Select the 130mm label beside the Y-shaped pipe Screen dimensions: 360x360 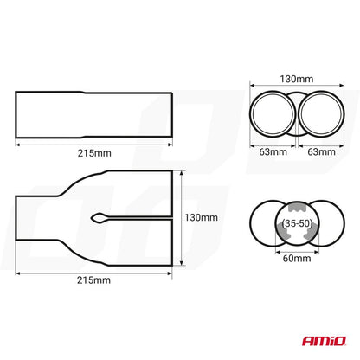point(202,218)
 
